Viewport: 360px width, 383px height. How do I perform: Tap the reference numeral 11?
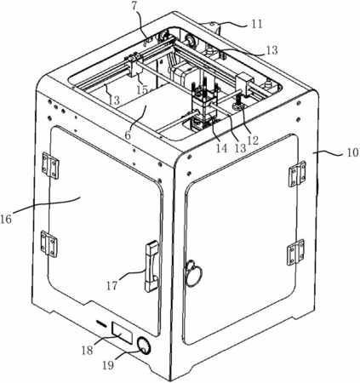257,24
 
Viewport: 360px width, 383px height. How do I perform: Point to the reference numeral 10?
352,153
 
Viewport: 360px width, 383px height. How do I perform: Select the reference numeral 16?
6,219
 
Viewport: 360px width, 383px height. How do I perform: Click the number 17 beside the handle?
112,285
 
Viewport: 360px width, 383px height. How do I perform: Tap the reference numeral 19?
108,365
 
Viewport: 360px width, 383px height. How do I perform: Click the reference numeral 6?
128,135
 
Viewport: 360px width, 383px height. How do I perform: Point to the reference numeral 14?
221,148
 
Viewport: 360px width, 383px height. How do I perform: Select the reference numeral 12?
253,140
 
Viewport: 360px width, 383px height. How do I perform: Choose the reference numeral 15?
142,90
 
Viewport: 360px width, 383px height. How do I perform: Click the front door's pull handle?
152,266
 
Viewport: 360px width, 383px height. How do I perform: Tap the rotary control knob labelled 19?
144,346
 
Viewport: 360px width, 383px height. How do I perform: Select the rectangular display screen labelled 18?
123,333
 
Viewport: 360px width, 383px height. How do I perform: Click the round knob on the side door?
194,273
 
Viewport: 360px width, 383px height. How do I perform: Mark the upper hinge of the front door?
50,165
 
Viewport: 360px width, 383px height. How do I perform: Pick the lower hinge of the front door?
49,244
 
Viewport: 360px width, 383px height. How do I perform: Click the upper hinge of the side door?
297,174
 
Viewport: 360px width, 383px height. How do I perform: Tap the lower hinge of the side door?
295,252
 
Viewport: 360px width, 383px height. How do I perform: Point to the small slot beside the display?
101,323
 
